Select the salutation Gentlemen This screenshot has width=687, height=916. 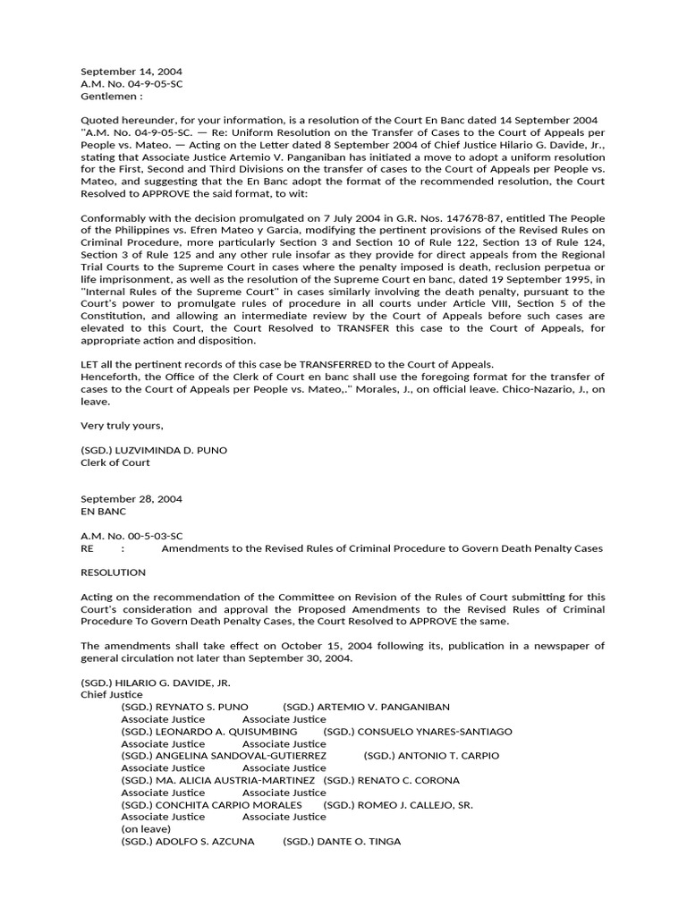[x=111, y=96]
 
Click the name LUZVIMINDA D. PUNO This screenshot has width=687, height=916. [x=171, y=450]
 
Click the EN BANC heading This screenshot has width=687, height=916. [x=104, y=512]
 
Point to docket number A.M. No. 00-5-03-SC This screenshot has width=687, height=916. [x=131, y=536]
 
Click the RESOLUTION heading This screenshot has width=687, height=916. [x=113, y=572]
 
